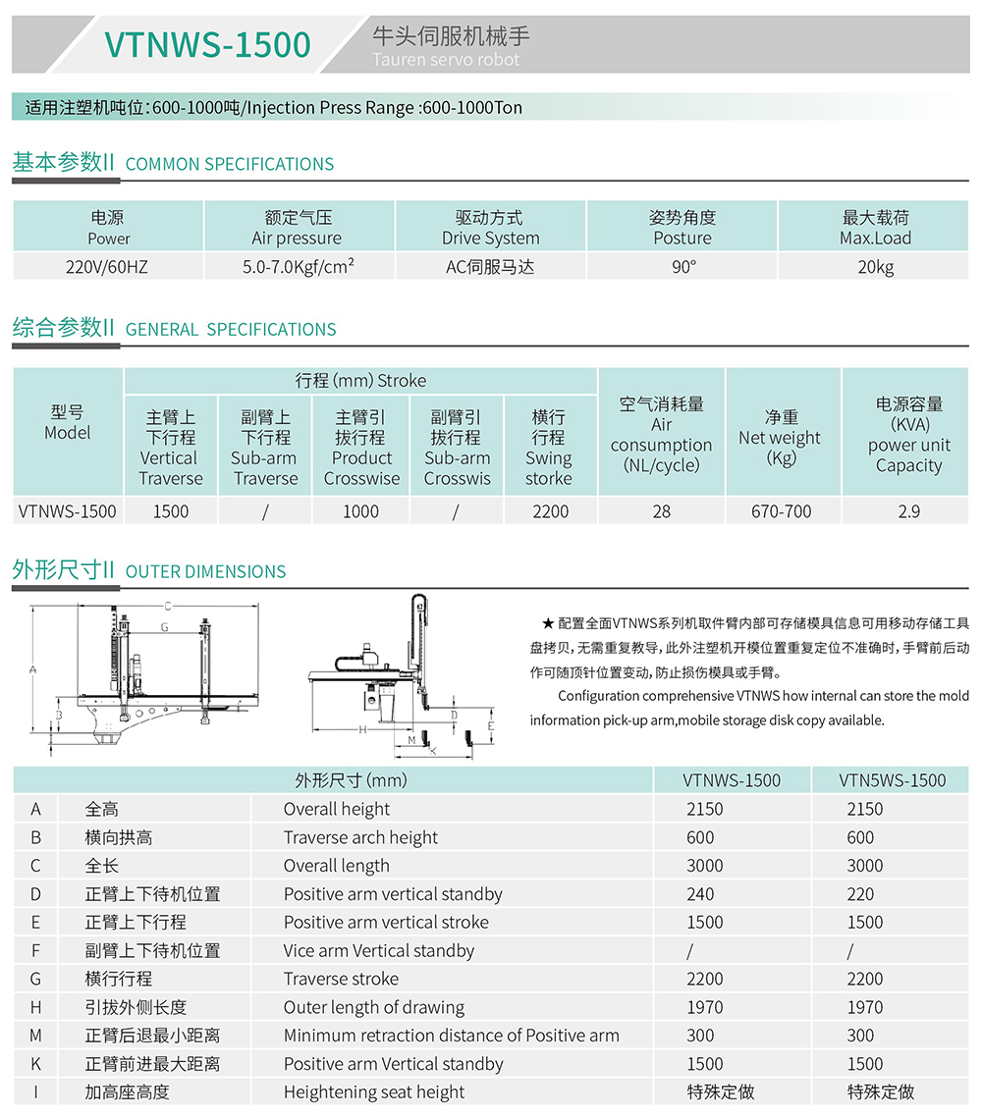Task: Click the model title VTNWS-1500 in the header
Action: pyautogui.click(x=207, y=44)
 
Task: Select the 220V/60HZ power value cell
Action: pyautogui.click(x=108, y=266)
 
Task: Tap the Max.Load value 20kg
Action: pyautogui.click(x=875, y=266)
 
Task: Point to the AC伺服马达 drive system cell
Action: pyautogui.click(x=490, y=266)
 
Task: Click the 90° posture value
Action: pyautogui.click(x=682, y=266)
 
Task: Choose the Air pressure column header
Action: pyautogui.click(x=298, y=228)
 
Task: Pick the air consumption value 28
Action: pyautogui.click(x=661, y=510)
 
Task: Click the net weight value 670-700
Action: pyautogui.click(x=782, y=510)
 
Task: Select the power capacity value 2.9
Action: pyautogui.click(x=908, y=510)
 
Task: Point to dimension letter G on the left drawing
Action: pyautogui.click(x=164, y=626)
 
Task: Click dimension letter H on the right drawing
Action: pyautogui.click(x=362, y=730)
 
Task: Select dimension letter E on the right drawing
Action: pyautogui.click(x=491, y=725)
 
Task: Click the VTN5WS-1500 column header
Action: pyautogui.click(x=892, y=780)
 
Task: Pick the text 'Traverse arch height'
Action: pyautogui.click(x=360, y=837)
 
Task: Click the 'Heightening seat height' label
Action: pyautogui.click(x=374, y=1092)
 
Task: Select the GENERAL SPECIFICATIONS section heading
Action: pyautogui.click(x=231, y=329)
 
